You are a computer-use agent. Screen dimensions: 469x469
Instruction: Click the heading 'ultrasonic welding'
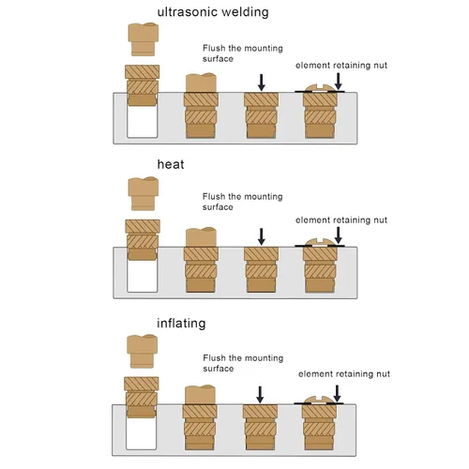[x=213, y=12]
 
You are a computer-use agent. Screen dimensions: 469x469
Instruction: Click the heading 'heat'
[x=171, y=164]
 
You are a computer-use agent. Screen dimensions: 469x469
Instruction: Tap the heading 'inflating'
[x=181, y=324]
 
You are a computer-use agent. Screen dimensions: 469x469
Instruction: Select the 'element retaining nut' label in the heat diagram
[x=341, y=220]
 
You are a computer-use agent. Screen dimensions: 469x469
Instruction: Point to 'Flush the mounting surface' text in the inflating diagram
[x=243, y=363]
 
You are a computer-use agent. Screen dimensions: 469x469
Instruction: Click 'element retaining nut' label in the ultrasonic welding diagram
[x=341, y=66]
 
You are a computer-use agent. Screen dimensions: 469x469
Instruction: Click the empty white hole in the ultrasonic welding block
[x=143, y=121]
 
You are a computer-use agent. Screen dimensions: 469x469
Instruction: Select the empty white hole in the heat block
[x=143, y=276]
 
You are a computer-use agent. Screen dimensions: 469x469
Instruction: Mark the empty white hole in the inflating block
[x=141, y=433]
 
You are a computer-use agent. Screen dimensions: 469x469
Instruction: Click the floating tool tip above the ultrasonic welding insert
[x=144, y=39]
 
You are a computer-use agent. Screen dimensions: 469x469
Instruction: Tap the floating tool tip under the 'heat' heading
[x=144, y=193]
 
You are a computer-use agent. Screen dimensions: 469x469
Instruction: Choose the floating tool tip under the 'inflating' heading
[x=142, y=351]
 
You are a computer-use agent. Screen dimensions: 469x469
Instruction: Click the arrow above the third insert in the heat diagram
[x=262, y=236]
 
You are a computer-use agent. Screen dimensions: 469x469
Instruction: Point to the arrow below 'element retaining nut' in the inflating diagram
[x=337, y=394]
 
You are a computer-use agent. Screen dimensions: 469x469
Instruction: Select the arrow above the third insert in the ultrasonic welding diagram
[x=262, y=83]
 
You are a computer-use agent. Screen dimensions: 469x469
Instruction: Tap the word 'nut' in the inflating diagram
[x=384, y=374]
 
